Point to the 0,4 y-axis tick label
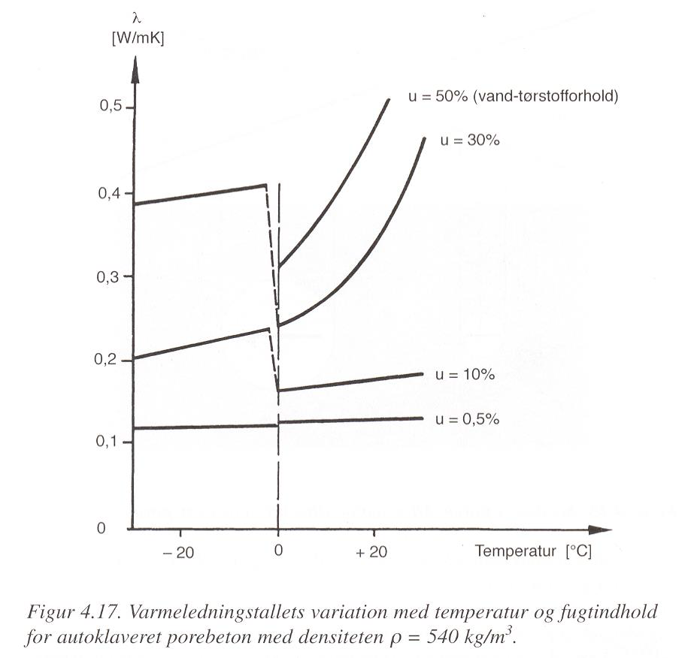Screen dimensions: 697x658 pos(109,194)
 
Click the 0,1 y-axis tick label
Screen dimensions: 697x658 pos(107,442)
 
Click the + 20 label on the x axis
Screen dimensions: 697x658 pos(371,552)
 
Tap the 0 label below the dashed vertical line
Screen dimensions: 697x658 pos(278,551)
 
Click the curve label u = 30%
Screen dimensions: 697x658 pos(470,140)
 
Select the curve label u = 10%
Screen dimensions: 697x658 pos(465,375)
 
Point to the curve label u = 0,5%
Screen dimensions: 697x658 pos(467,419)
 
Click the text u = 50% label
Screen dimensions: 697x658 pos(438,96)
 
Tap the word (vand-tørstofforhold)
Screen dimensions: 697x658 pos(545,96)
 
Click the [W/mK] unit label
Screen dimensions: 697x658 pos(138,39)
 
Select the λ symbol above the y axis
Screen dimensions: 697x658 pos(138,19)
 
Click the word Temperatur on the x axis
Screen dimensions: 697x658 pos(515,551)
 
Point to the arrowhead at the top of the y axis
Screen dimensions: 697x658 pos(135,70)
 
